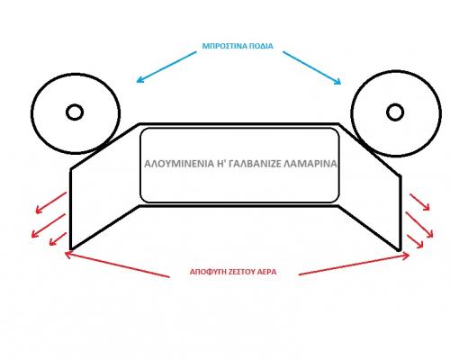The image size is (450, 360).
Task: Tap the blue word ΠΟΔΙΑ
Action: pyautogui.click(x=262, y=46)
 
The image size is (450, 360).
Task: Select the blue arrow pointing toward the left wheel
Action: pyautogui.click(x=166, y=67)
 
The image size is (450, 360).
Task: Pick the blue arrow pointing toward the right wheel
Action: pyautogui.click(x=312, y=67)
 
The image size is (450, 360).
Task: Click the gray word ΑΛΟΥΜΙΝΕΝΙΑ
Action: pyautogui.click(x=179, y=164)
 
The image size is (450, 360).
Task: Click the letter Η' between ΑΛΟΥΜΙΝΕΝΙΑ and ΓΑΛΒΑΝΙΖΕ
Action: pyautogui.click(x=221, y=164)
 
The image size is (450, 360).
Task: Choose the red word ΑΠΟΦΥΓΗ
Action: pyautogui.click(x=204, y=272)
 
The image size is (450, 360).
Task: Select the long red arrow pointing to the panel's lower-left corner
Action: pyautogui.click(x=117, y=264)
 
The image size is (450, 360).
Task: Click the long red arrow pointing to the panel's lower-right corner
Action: pyautogui.click(x=354, y=265)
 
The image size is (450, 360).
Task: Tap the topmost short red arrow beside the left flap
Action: pyautogui.click(x=51, y=202)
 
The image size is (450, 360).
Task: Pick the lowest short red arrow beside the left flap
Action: pyautogui.click(x=58, y=238)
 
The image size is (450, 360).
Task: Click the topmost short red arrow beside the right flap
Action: pyautogui.click(x=419, y=202)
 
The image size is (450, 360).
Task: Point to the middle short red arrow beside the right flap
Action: pyautogui.click(x=419, y=225)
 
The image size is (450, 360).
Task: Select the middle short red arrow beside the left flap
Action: pyautogui.click(x=49, y=226)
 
